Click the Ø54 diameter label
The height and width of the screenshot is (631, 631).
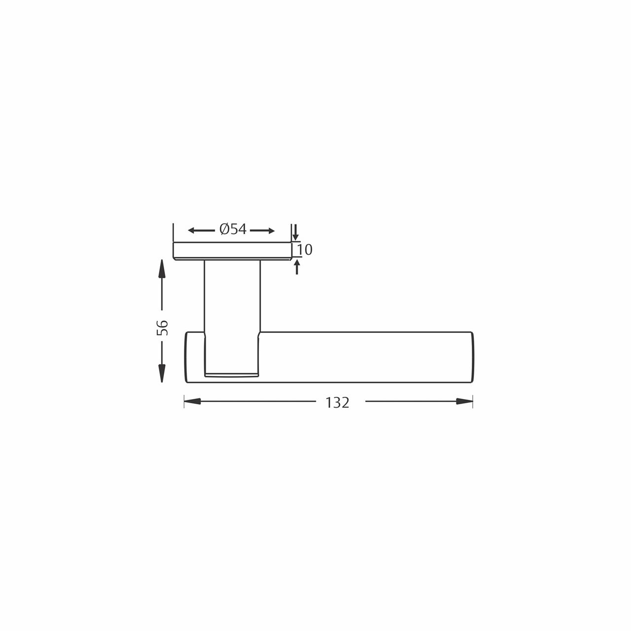pos(233,230)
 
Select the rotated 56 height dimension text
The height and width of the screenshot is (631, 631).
pos(163,328)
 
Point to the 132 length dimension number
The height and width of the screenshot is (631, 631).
pos(338,403)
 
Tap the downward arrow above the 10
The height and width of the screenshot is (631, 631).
pos(295,231)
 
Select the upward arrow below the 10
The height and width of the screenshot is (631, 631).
pos(297,267)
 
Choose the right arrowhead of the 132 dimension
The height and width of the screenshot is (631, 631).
pos(464,401)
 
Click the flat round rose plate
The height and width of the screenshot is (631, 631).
pos(232,250)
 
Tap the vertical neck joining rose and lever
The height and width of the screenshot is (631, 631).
pos(232,296)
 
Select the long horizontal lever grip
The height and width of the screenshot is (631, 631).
pos(365,357)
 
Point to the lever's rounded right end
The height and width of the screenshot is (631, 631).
pos(472,357)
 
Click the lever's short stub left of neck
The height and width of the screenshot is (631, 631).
pos(194,357)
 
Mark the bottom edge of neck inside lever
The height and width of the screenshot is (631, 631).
pos(231,375)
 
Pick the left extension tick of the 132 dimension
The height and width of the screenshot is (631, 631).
pos(184,401)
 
